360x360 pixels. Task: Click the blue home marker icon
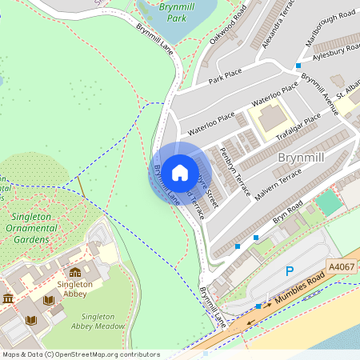pyautogui.click(x=180, y=173)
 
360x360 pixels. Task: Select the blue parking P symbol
pyautogui.click(x=290, y=271)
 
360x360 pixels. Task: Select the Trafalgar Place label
pyautogui.click(x=298, y=126)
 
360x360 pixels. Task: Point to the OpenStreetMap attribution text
pyautogui.click(x=80, y=354)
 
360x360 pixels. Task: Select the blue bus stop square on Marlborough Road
pyautogui.click(x=298, y=66)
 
